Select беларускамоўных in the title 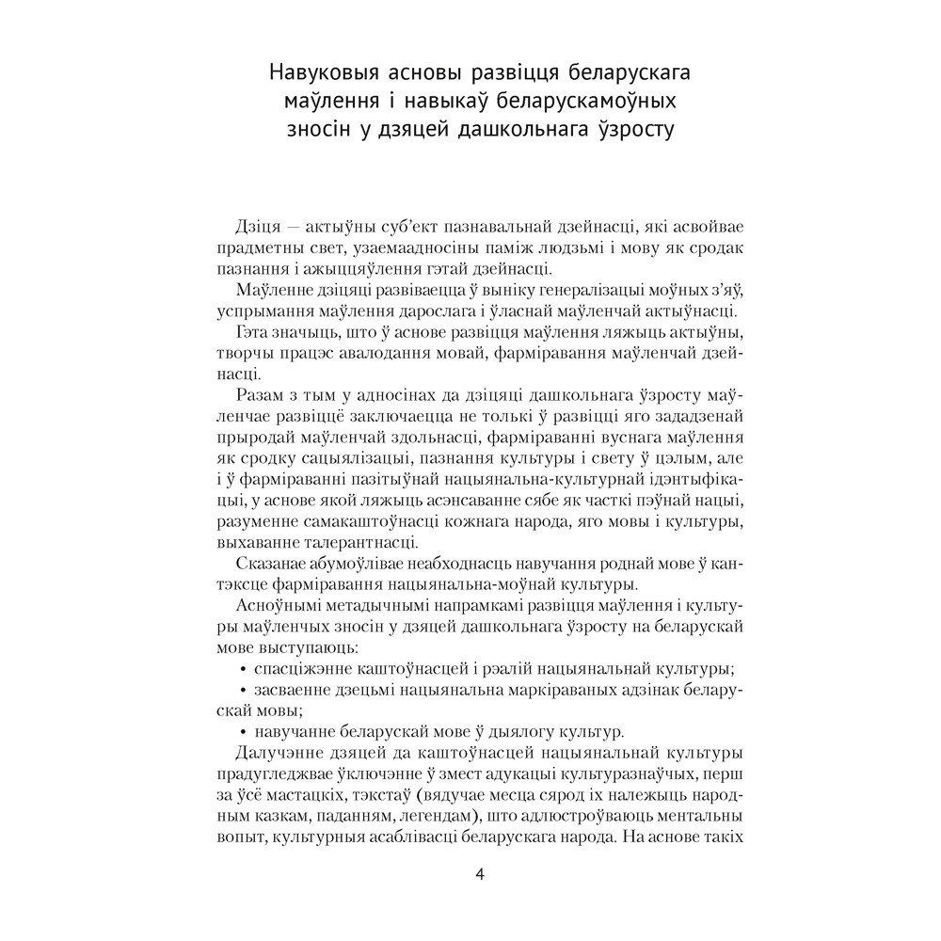[x=588, y=101]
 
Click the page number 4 [x=480, y=874]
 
